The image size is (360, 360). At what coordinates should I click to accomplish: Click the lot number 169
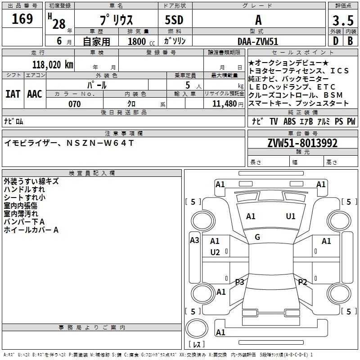(22, 19)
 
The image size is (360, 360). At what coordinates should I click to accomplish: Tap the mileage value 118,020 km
(53, 65)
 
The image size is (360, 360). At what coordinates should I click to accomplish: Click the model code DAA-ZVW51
(258, 41)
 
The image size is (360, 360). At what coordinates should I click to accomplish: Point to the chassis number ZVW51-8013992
(302, 144)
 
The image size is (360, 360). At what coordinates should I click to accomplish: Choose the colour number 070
(74, 104)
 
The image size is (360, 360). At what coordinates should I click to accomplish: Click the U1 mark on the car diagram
(291, 216)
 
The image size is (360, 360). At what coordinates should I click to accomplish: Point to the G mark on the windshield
(257, 237)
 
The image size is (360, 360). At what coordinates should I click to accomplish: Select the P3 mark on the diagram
(239, 282)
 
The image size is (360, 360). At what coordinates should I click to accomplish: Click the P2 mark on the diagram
(302, 282)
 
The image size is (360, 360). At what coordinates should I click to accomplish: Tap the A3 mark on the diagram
(194, 240)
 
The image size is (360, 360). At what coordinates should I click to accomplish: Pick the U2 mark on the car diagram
(215, 252)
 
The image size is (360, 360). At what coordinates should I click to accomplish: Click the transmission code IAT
(13, 94)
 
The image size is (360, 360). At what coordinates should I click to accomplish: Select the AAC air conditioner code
(34, 94)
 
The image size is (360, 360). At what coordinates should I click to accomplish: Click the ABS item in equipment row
(289, 121)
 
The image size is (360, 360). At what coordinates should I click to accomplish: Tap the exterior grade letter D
(335, 41)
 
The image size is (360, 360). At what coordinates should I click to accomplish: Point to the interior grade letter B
(350, 41)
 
